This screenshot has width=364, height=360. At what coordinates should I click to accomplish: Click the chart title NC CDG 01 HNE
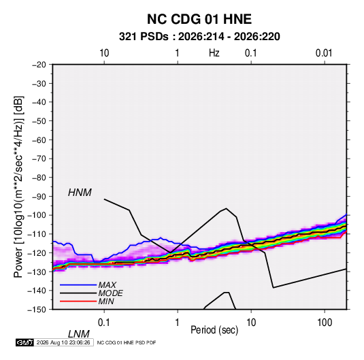point(199,19)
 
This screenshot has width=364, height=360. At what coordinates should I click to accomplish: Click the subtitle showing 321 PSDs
point(199,37)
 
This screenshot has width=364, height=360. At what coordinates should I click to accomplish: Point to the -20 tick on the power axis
point(39,65)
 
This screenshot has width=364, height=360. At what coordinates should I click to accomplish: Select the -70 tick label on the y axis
point(39,159)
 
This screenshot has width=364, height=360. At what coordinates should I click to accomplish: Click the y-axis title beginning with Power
point(18,187)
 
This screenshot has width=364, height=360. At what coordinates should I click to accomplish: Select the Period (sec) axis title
point(214,330)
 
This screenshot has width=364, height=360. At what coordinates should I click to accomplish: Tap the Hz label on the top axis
point(214,53)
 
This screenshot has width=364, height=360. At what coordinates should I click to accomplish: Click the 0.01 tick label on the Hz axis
point(324,53)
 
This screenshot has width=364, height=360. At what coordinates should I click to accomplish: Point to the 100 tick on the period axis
point(325,323)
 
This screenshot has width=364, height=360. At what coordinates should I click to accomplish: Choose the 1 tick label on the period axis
point(177,323)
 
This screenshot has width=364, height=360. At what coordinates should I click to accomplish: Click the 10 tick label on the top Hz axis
point(104,53)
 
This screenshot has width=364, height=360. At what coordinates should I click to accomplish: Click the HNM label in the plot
point(80,193)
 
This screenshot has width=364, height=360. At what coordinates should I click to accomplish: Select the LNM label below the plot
point(78,334)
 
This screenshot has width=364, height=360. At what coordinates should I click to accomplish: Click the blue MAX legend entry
point(88,285)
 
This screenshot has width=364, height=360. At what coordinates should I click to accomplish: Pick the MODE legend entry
point(91,293)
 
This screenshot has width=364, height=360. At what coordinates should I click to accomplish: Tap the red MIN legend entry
point(87,301)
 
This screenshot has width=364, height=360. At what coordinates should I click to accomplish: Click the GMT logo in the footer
point(25,342)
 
